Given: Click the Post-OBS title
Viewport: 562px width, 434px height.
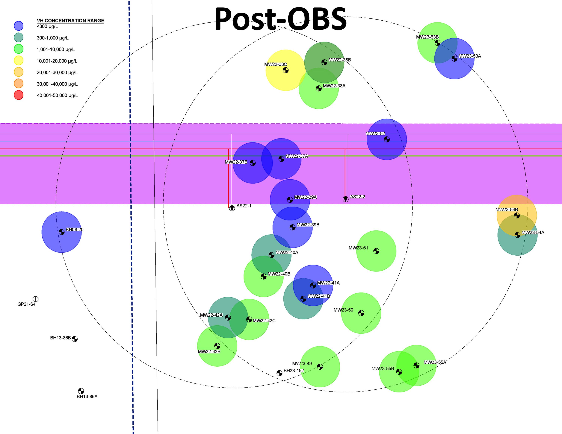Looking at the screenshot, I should [280, 19].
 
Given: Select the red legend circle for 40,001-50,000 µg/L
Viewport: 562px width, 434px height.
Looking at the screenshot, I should [19, 95].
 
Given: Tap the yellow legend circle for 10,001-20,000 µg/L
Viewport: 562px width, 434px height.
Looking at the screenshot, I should [19, 61].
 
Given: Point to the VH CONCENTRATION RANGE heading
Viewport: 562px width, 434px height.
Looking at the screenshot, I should [70, 21].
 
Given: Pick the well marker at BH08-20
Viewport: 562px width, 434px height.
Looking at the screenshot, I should [61, 232].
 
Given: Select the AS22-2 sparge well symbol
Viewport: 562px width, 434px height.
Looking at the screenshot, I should [346, 199].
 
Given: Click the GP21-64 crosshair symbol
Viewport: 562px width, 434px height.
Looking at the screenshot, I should [36, 299].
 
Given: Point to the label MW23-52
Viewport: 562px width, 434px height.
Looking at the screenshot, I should [375, 133].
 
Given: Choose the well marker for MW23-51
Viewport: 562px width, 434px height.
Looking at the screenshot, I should [376, 251].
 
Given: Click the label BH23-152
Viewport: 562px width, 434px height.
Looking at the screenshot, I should [294, 371].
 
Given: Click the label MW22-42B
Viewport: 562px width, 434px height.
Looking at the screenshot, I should [209, 351].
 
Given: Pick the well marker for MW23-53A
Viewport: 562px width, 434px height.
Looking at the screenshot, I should [454, 59].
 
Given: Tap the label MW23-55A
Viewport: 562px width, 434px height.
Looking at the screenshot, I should [435, 362].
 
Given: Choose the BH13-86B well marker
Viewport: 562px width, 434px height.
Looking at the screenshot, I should [75, 339].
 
